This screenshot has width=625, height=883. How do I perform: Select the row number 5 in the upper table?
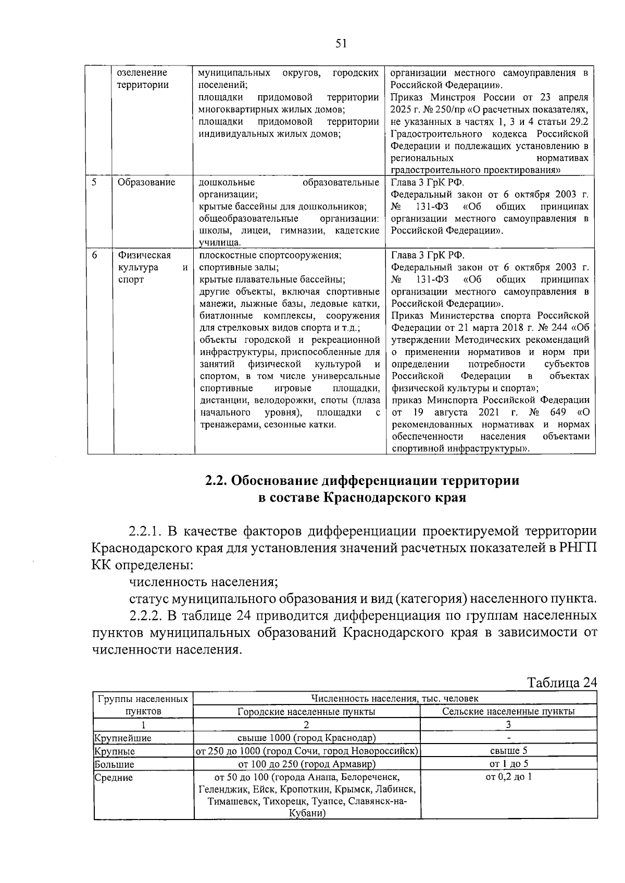coord(94,182)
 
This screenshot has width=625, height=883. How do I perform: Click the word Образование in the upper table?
coord(146,182)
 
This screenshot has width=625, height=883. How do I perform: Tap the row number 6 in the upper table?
coord(94,255)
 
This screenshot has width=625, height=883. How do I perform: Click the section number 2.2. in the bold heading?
coord(216,480)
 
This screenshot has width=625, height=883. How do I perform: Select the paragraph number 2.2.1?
coord(145,531)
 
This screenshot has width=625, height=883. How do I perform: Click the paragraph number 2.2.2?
coord(145,616)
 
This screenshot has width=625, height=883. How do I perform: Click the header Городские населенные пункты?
coord(306,711)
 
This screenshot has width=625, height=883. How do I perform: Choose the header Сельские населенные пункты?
coord(508,711)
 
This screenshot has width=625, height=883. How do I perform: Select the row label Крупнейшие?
coord(122,738)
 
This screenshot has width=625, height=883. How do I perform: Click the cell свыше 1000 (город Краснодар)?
coord(306,738)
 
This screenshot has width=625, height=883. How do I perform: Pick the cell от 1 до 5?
coord(508,764)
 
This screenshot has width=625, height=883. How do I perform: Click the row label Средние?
coord(114,777)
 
